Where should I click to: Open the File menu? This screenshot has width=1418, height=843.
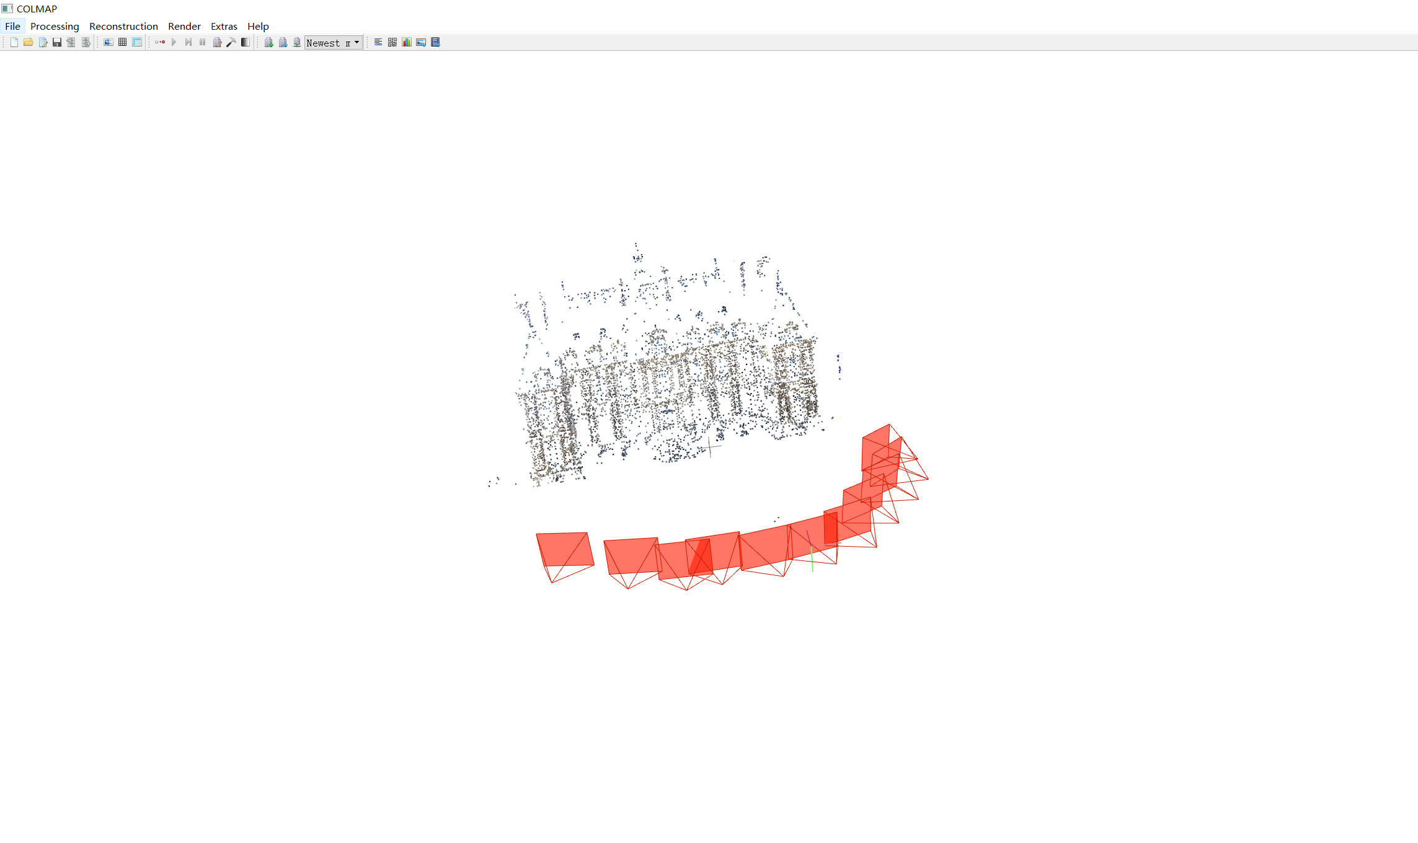pyautogui.click(x=12, y=26)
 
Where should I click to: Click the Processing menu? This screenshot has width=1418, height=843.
pyautogui.click(x=55, y=26)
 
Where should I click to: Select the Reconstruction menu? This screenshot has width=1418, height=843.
pyautogui.click(x=123, y=26)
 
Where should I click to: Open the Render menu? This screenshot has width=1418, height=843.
pyautogui.click(x=184, y=26)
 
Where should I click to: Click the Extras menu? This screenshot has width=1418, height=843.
pyautogui.click(x=224, y=26)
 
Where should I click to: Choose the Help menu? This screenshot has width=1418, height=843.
pyautogui.click(x=258, y=26)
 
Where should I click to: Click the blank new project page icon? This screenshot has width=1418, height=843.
pyautogui.click(x=14, y=42)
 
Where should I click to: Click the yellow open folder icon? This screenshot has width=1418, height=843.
pyautogui.click(x=28, y=42)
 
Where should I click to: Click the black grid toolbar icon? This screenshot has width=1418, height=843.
pyautogui.click(x=123, y=42)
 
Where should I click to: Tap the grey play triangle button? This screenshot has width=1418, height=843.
pyautogui.click(x=174, y=42)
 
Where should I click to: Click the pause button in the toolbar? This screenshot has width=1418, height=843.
pyautogui.click(x=202, y=42)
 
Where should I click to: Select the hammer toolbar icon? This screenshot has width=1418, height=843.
pyautogui.click(x=231, y=42)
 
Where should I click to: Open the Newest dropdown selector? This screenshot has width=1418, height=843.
pyautogui.click(x=333, y=42)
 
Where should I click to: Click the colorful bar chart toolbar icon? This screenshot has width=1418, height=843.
pyautogui.click(x=407, y=42)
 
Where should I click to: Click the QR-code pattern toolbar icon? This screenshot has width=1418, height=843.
pyautogui.click(x=392, y=42)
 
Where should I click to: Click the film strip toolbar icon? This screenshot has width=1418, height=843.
pyautogui.click(x=435, y=42)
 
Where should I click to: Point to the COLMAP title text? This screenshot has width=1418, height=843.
pyautogui.click(x=37, y=9)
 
